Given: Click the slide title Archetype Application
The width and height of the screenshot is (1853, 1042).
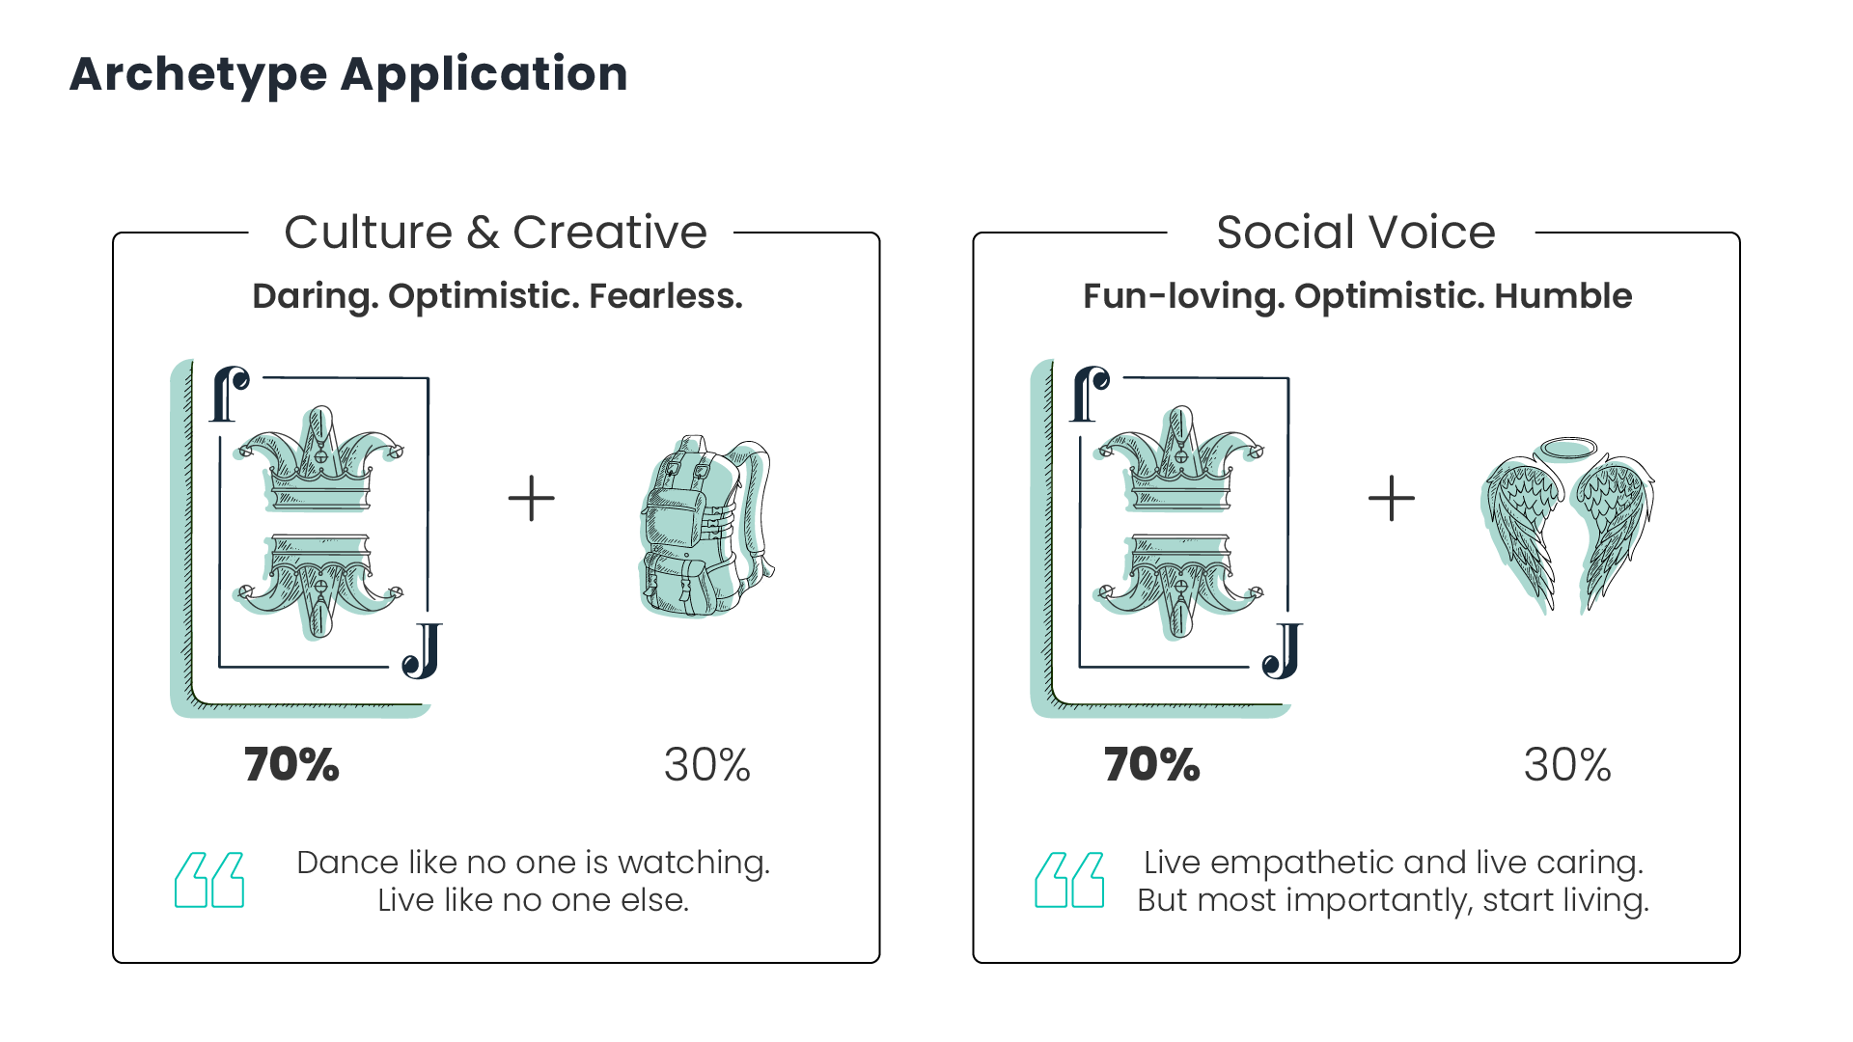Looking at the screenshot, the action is [348, 75].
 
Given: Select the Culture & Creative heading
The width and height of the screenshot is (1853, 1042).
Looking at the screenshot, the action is [496, 233].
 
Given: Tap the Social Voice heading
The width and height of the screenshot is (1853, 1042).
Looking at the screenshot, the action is [1356, 233].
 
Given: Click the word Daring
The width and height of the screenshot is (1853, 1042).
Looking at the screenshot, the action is [315, 297].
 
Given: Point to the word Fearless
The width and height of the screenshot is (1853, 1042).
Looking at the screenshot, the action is [666, 296].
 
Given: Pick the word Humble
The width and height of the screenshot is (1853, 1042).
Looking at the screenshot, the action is [1563, 296].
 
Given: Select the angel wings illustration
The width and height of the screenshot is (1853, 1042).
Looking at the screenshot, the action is [1567, 528].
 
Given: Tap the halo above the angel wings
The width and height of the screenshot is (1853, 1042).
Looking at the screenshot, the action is [1567, 449].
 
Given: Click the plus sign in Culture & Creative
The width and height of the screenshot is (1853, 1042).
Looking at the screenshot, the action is [532, 499].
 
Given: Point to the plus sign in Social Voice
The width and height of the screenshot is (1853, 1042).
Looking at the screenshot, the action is [1392, 499].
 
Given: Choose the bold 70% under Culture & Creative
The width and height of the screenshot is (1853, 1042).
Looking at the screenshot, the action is [291, 765].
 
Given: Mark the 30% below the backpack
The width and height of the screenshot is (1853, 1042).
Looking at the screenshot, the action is [707, 765].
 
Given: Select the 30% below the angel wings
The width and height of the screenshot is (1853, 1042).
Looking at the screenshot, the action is [1567, 765].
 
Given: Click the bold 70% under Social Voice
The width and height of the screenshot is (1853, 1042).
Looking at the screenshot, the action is [1152, 765].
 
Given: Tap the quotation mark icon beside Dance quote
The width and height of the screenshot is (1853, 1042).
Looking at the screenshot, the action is [209, 880].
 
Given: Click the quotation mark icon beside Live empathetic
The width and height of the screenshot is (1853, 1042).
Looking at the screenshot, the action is [1069, 880].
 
